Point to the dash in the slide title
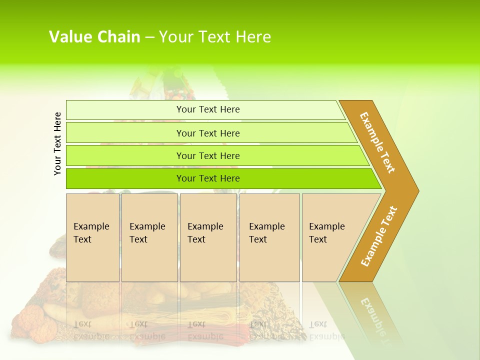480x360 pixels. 149,37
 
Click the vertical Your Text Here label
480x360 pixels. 57,143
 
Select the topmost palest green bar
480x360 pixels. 125,110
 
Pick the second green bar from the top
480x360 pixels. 125,133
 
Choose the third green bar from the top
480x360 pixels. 125,155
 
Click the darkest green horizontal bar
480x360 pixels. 125,178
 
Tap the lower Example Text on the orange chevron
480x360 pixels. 379,236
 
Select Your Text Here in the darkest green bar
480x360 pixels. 208,178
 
